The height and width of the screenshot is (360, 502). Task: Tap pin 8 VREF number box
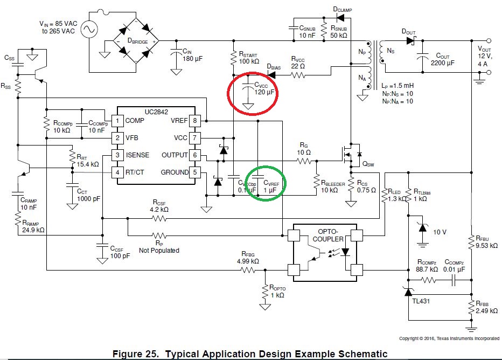196,120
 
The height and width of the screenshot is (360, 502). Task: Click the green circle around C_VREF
266,183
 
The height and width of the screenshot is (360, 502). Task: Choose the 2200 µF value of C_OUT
442,63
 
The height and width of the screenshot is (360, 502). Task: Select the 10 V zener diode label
440,232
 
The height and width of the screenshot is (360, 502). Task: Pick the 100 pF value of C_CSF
120,256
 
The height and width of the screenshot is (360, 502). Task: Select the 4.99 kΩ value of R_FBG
248,262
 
